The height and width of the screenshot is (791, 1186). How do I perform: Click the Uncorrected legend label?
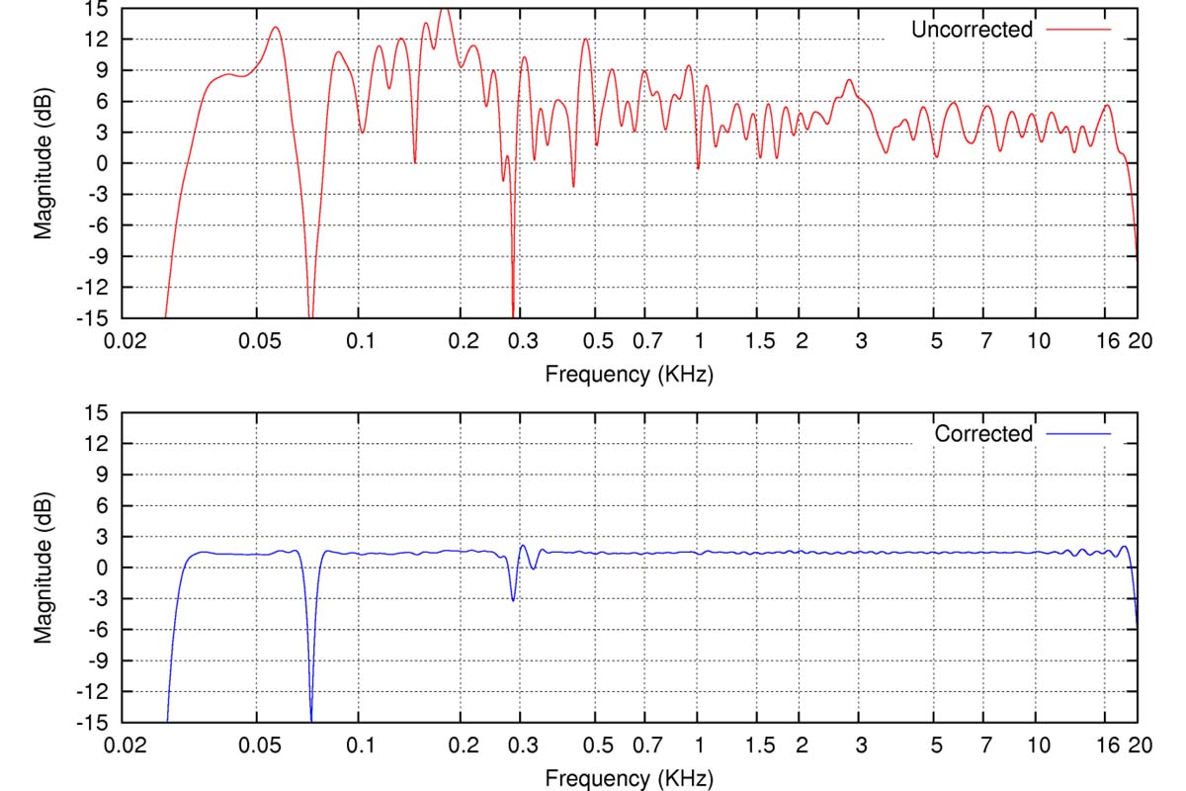(x=971, y=30)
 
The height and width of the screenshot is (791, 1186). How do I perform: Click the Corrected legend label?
(x=982, y=434)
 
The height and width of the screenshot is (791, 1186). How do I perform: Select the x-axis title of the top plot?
(x=629, y=374)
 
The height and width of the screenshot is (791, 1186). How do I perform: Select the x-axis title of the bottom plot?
(x=629, y=778)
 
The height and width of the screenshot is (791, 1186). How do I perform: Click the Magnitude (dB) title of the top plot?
(x=42, y=163)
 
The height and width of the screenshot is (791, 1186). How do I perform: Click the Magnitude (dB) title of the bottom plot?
(x=42, y=568)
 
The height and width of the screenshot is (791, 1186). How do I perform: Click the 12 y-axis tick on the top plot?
(x=96, y=39)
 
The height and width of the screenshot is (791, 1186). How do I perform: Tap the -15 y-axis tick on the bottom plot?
(x=92, y=722)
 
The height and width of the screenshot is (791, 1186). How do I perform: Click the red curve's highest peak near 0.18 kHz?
(x=445, y=9)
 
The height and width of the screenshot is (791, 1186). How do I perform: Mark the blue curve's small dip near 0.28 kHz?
(x=513, y=599)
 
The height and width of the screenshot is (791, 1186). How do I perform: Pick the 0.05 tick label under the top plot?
(x=258, y=341)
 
